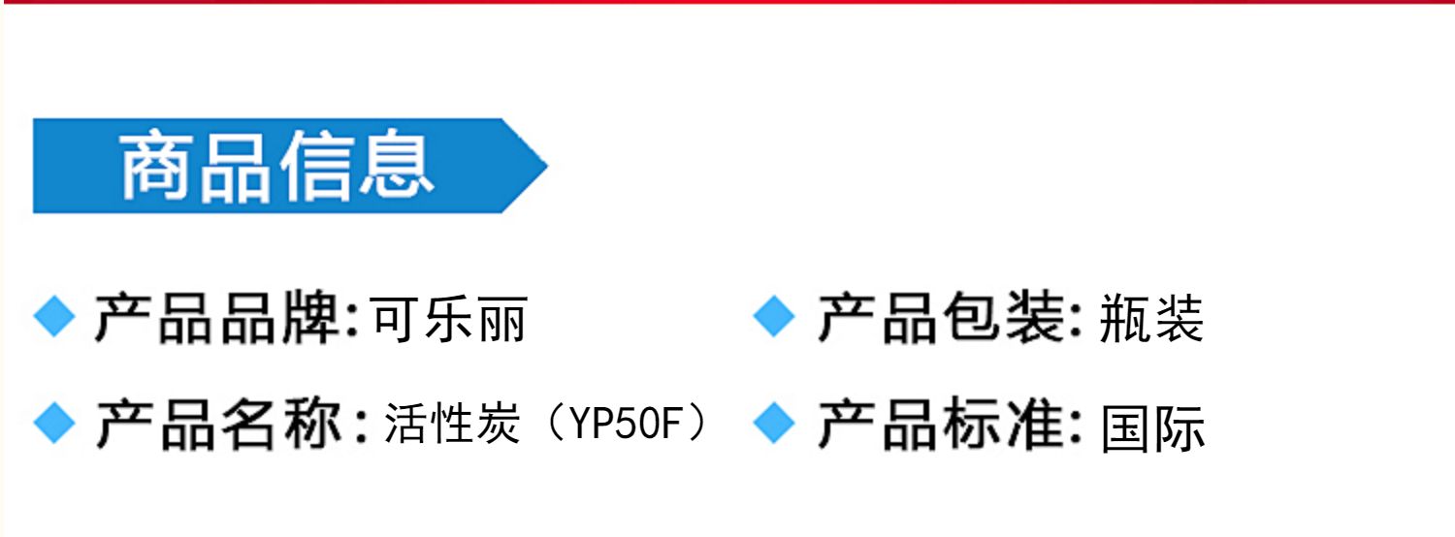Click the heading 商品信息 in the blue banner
coord(276,167)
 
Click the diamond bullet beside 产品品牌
coord(54,317)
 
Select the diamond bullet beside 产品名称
coord(54,424)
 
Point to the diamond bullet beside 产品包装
coord(773,317)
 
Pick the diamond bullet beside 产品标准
coord(773,424)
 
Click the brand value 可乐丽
coord(449,318)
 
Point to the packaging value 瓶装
coord(1151,318)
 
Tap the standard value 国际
coord(1152,426)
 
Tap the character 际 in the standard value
coord(1180,426)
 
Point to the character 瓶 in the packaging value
coord(1125,318)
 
